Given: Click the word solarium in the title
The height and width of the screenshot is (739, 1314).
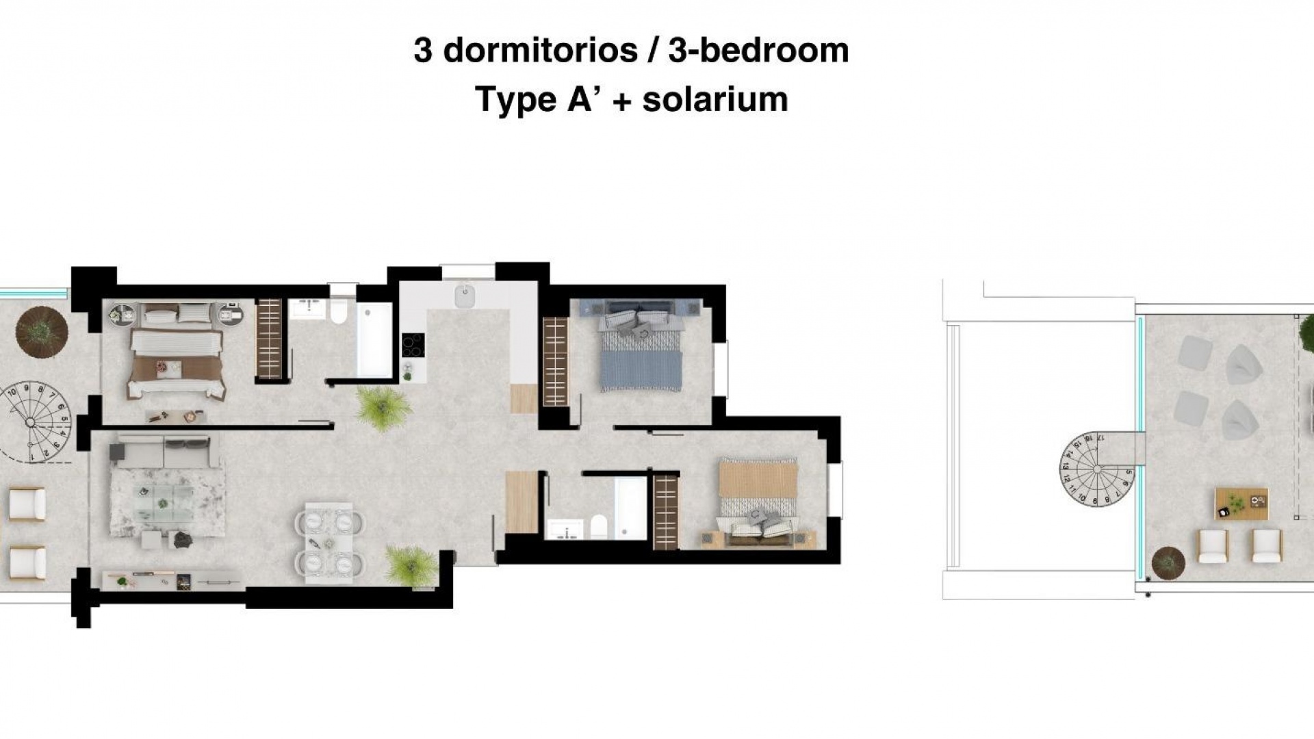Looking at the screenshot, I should tap(715, 100).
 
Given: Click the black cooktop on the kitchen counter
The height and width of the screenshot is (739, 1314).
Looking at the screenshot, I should tap(413, 345).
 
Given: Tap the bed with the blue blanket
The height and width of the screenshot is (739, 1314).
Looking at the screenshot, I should tap(641, 352).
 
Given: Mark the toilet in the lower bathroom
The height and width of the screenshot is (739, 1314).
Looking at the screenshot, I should tap(597, 528).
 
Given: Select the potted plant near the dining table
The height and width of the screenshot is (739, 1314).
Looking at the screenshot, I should tap(411, 565).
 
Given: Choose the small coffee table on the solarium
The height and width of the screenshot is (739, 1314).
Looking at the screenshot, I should tap(1241, 503).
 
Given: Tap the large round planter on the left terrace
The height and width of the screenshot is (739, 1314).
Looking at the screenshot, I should tap(42, 331).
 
